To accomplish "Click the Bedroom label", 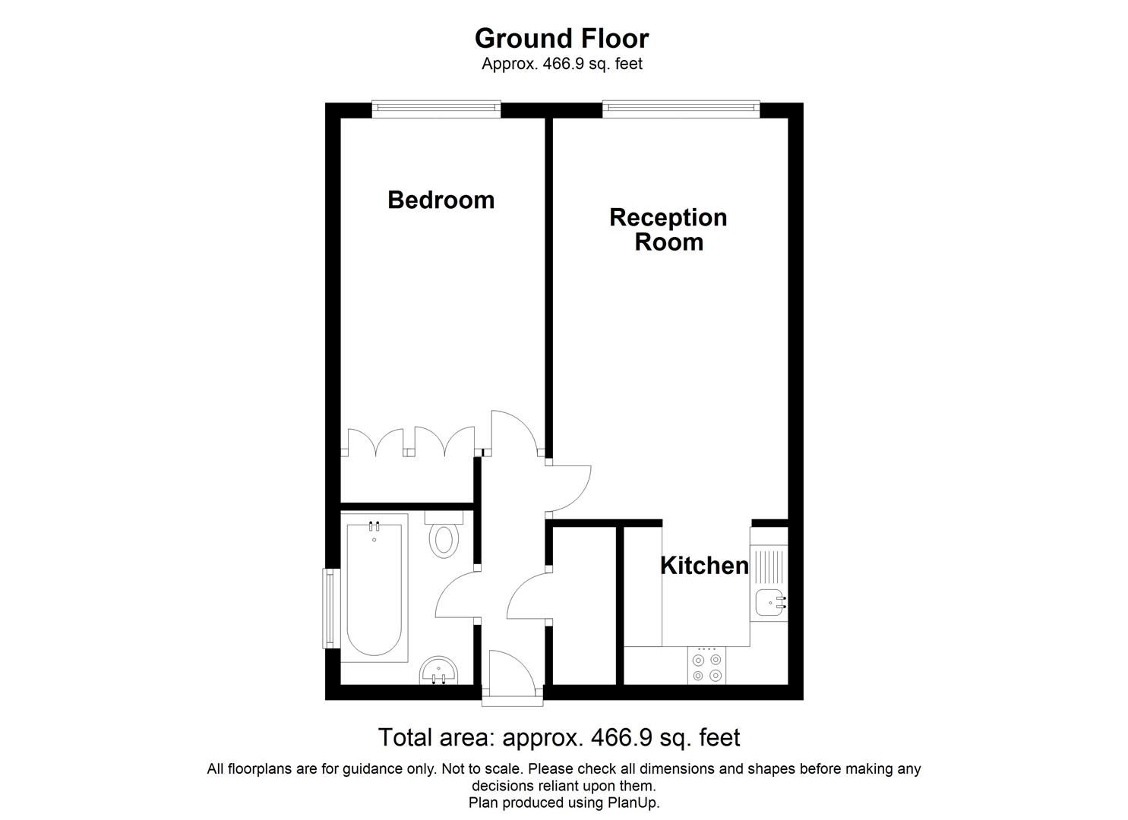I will pyautogui.click(x=441, y=200).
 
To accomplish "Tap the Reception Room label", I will pyautogui.click(x=668, y=229).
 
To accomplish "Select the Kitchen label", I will pyautogui.click(x=704, y=566).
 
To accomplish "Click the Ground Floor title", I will pyautogui.click(x=561, y=38).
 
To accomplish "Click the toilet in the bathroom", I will pyautogui.click(x=444, y=538).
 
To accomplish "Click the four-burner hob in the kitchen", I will pyautogui.click(x=706, y=666).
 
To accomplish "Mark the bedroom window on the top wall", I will pyautogui.click(x=436, y=109).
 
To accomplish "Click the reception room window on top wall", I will pyautogui.click(x=681, y=109).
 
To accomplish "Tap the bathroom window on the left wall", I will pyautogui.click(x=329, y=608).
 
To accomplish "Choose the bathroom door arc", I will pyautogui.click(x=457, y=596).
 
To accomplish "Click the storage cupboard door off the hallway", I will pyautogui.click(x=528, y=596).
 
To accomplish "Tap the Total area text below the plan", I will pyautogui.click(x=558, y=737).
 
